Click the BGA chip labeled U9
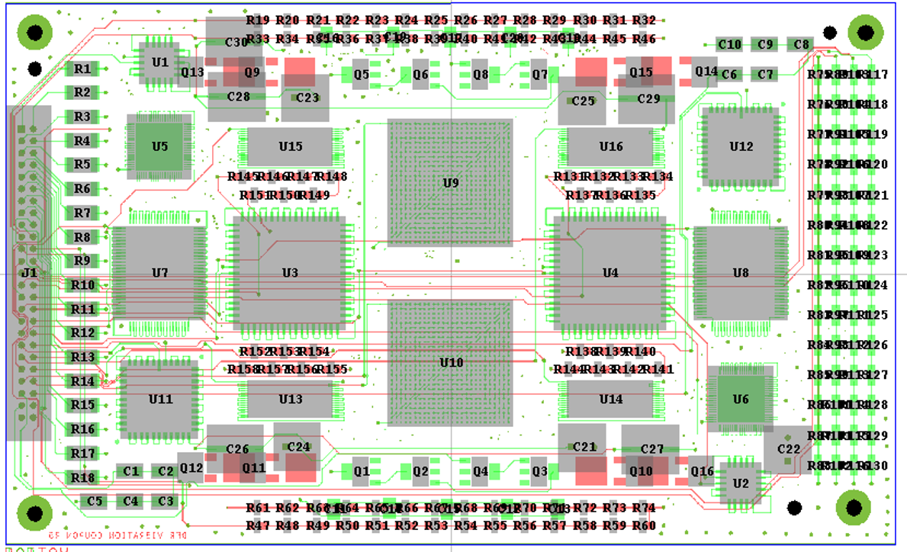(450, 183)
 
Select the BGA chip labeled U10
(450, 363)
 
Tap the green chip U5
(159, 146)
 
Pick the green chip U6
(740, 399)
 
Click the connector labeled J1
(29, 272)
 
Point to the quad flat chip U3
(290, 272)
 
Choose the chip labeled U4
(610, 272)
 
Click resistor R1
(82, 69)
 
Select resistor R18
(82, 477)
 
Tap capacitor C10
(729, 44)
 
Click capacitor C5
(95, 501)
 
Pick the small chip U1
(159, 62)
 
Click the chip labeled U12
(741, 146)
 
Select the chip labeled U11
(160, 399)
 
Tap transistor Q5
(361, 75)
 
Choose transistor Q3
(539, 471)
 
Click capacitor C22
(788, 449)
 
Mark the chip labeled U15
(290, 146)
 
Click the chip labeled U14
(610, 399)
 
